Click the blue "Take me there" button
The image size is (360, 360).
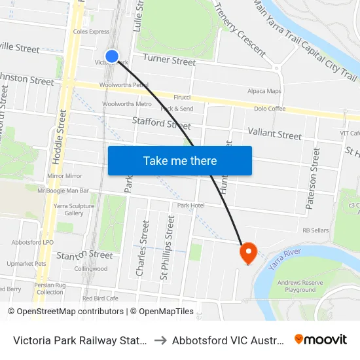180,160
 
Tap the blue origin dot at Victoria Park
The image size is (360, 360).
112,56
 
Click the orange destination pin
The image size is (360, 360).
248,253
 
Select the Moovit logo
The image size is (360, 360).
320,339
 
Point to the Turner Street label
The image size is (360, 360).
169,61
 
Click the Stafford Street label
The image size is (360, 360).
161,122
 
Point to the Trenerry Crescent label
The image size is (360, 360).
240,29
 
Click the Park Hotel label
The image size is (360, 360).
190,206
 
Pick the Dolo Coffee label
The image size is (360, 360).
270,109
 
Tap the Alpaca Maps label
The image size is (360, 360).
264,91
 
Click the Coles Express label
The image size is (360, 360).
92,31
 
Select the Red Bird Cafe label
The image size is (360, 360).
100,298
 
